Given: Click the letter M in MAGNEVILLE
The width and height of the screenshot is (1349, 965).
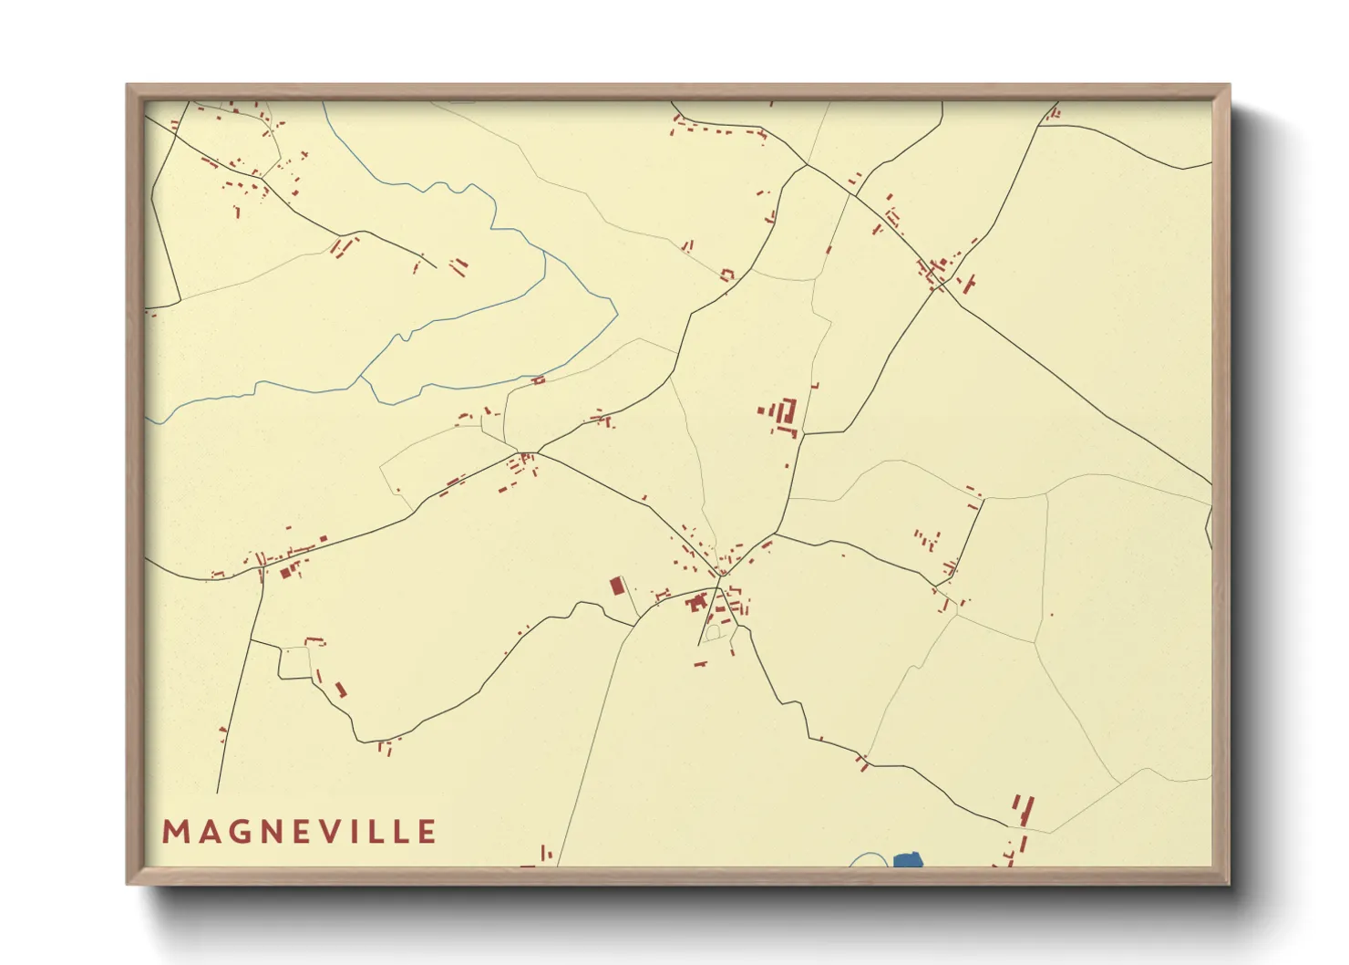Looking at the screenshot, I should (x=174, y=832).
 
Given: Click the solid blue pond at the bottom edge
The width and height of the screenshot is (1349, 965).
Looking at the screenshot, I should (x=908, y=860).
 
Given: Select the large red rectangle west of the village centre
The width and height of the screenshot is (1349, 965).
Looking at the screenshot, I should (x=617, y=585).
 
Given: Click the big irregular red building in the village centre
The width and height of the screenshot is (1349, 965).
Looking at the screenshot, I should (x=698, y=602).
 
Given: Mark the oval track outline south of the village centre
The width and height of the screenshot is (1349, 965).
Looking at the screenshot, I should (x=713, y=631).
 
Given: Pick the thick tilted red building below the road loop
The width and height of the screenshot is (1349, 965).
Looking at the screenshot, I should (x=341, y=690).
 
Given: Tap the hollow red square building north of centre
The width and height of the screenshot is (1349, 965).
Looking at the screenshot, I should (x=726, y=274).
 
